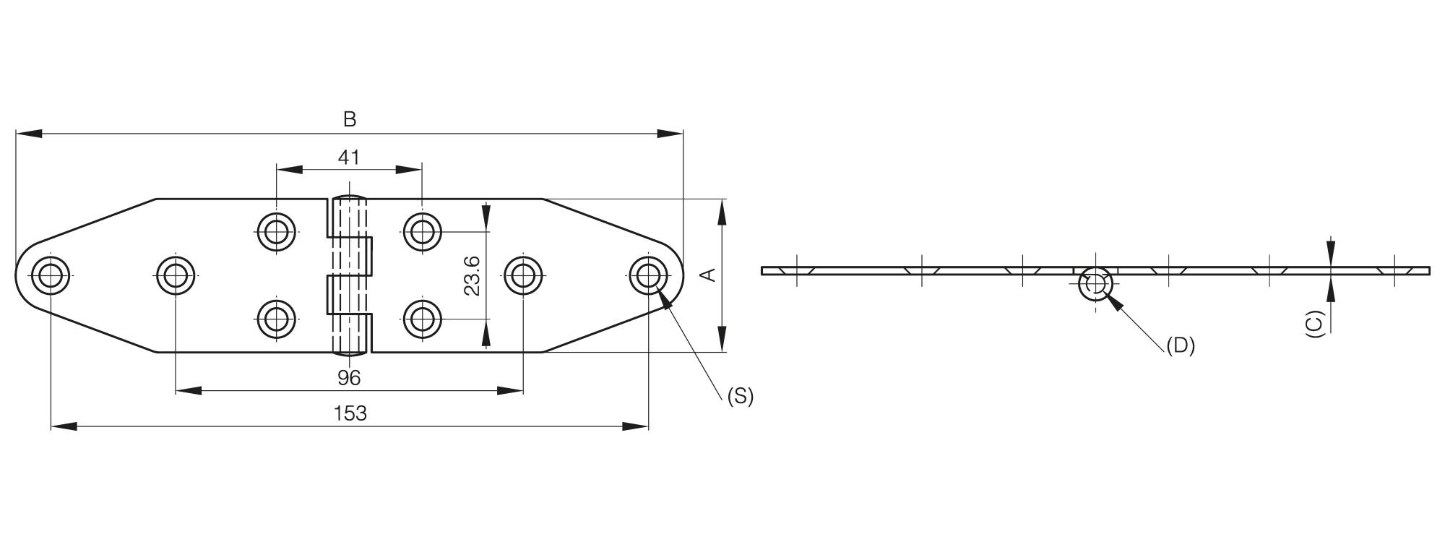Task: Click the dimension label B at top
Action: click(350, 119)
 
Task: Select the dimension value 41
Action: click(349, 157)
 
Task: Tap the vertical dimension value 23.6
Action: click(472, 275)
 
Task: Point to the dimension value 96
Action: click(349, 377)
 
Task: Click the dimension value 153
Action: click(350, 413)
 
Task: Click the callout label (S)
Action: click(740, 395)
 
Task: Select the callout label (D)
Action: click(1181, 345)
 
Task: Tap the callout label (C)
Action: click(1314, 324)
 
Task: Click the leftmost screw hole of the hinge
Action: click(51, 275)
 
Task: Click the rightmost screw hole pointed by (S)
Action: click(648, 275)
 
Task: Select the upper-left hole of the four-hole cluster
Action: click(277, 232)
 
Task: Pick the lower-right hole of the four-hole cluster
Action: click(423, 319)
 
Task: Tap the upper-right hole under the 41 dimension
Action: click(423, 232)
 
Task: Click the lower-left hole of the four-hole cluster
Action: click(277, 319)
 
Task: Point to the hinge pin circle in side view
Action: click(1095, 285)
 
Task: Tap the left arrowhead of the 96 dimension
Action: click(189, 391)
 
